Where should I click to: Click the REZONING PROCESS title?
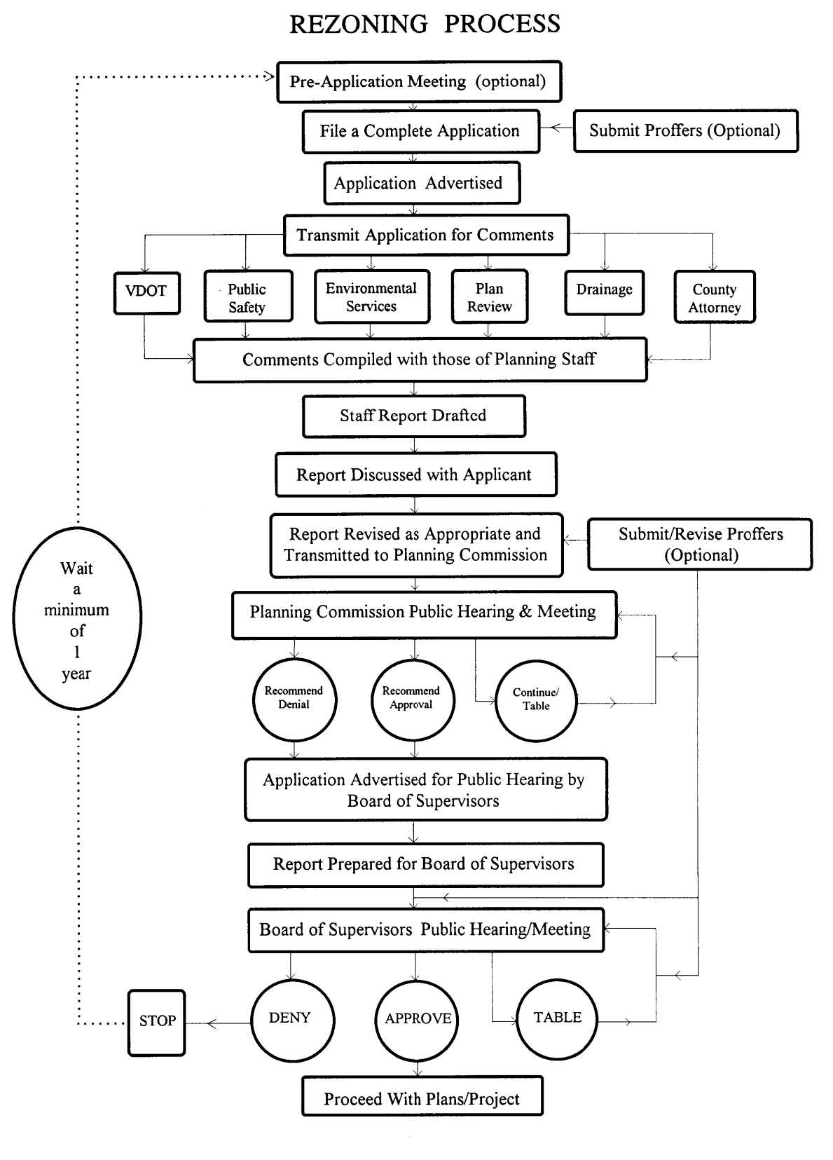tap(425, 25)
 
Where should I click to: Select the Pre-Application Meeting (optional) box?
tap(419, 81)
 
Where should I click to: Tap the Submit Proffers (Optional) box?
tap(685, 131)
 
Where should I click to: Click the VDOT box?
tap(146, 292)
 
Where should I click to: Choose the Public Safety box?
tap(248, 297)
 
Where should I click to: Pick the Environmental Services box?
tap(372, 297)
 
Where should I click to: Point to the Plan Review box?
tap(489, 297)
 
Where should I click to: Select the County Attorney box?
tap(715, 297)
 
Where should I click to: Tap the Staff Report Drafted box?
tap(413, 416)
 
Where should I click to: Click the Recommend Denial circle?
tap(294, 699)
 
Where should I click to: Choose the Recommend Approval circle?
tap(413, 699)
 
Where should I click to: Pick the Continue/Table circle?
tap(536, 700)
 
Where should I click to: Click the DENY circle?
tap(291, 1019)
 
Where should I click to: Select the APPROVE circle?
tap(418, 1019)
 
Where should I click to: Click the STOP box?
tap(157, 1022)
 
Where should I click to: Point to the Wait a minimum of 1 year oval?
tap(77, 618)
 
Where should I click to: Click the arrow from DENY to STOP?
tap(219, 1024)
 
